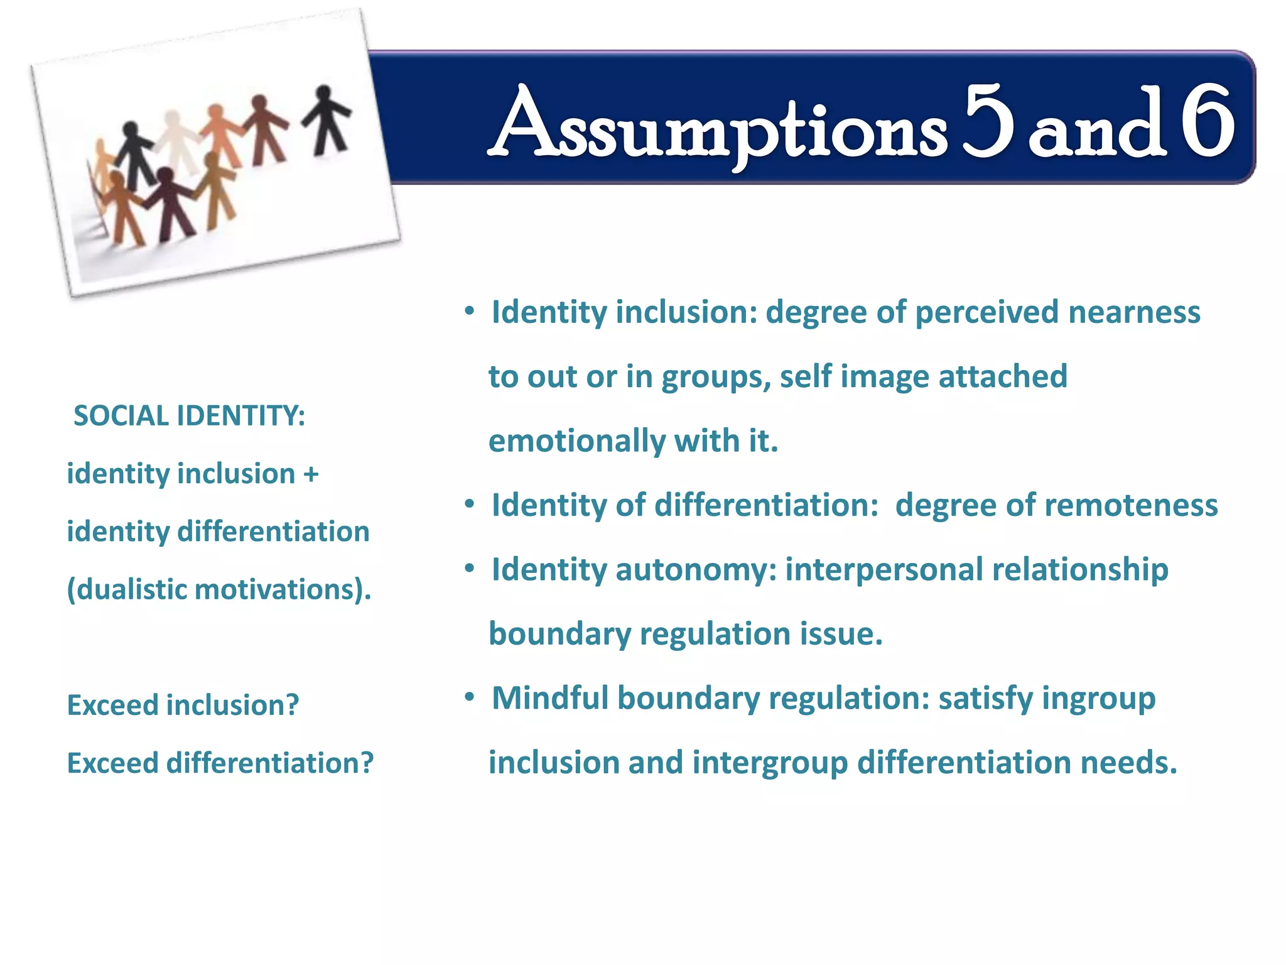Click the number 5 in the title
pos(988,122)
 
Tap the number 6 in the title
pos(1207,122)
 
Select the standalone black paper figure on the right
pos(326,121)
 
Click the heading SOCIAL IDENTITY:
pos(189,416)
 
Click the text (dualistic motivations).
pos(219,590)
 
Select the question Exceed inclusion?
pos(183,705)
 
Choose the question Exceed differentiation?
pos(220,763)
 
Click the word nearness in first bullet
pos(1134,312)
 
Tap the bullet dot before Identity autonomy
pos(469,569)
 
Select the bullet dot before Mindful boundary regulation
pos(469,697)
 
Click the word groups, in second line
pos(716,378)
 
